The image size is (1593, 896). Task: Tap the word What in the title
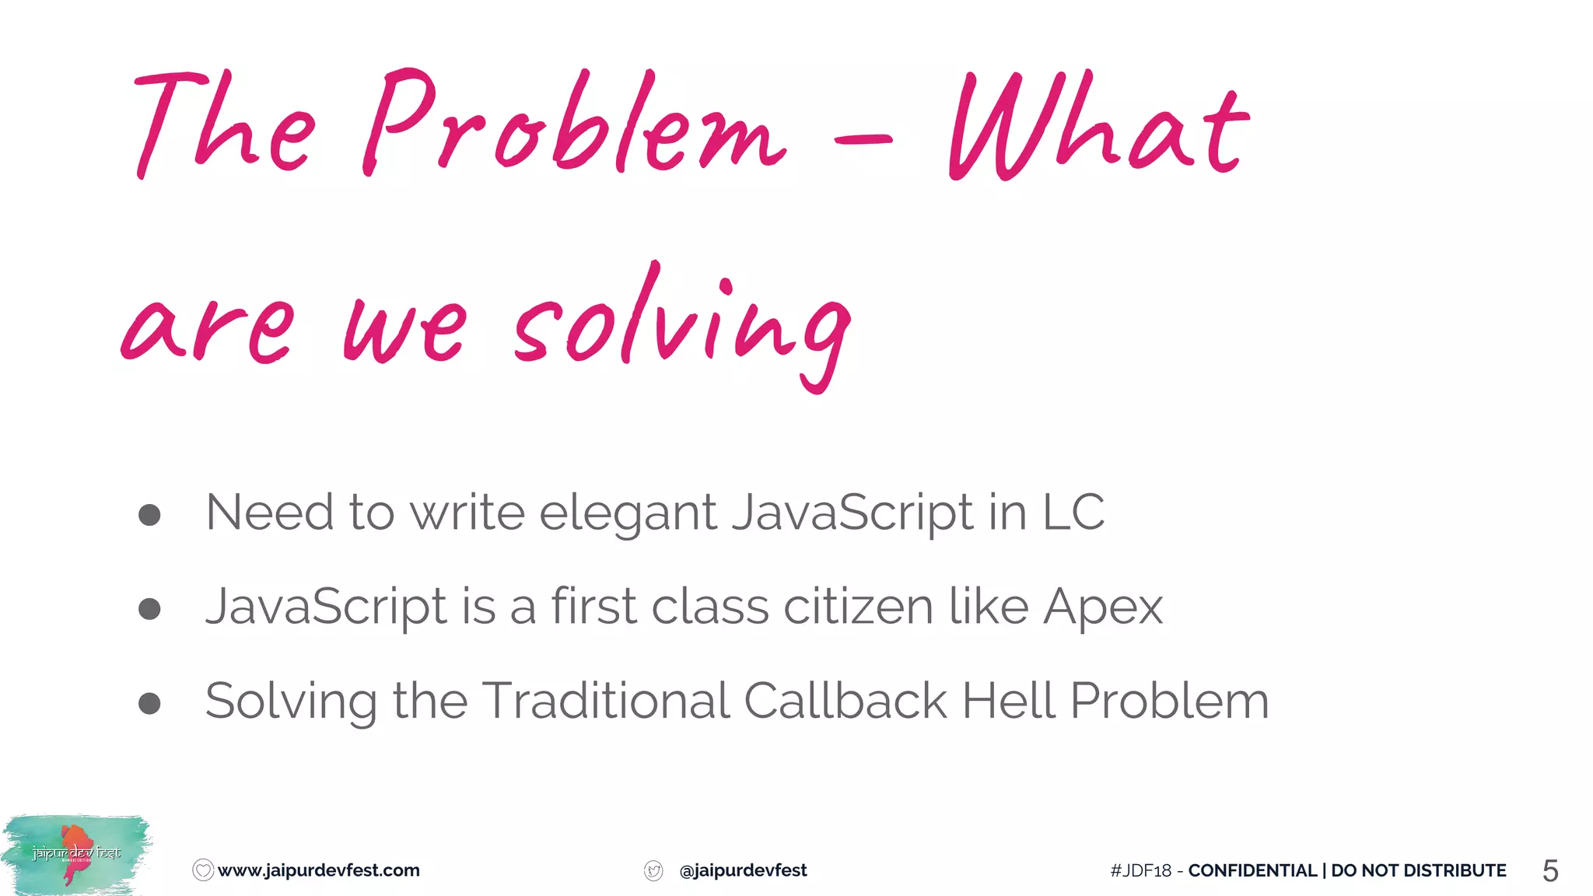[x=1097, y=128]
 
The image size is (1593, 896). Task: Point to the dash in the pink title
[x=863, y=140]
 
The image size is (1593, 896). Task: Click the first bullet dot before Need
[x=149, y=514]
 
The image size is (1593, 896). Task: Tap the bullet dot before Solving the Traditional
[x=149, y=702]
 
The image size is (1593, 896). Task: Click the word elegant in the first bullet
[x=627, y=514]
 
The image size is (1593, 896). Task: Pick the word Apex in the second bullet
[x=1102, y=607]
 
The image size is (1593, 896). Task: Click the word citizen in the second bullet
[x=857, y=607]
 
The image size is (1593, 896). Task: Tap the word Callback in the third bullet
[x=845, y=701]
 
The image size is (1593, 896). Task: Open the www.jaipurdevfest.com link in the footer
[x=318, y=870]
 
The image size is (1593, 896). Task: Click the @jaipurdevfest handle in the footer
[x=743, y=870]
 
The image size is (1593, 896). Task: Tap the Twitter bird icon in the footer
[x=653, y=871]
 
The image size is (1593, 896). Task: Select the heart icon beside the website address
[x=202, y=870]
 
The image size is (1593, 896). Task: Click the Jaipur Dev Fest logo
[x=76, y=855]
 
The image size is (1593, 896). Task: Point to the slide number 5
[x=1549, y=871]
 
